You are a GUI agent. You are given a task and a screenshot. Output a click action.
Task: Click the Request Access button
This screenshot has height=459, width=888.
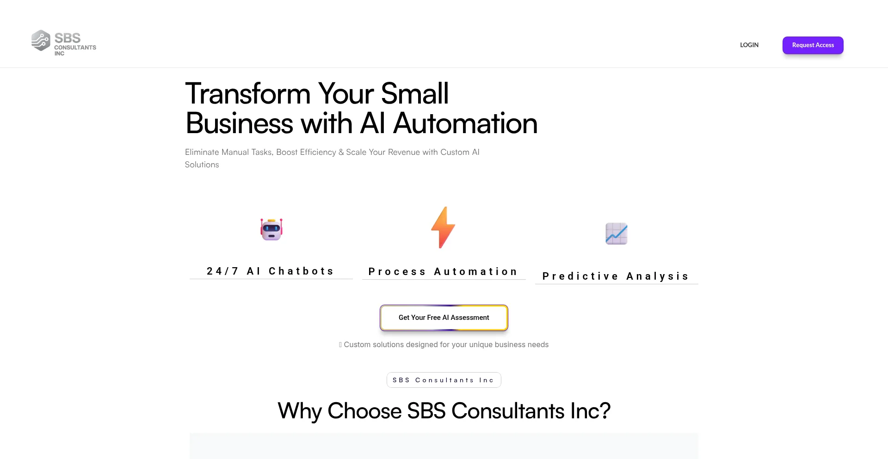click(813, 45)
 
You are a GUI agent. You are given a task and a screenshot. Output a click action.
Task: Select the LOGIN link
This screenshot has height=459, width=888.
click(749, 45)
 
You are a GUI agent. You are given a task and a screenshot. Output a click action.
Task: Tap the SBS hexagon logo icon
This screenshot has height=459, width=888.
click(41, 40)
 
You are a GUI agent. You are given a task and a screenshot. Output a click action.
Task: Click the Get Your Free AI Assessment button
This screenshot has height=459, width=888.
click(444, 318)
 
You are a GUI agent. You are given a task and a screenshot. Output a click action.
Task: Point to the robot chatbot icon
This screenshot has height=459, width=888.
click(271, 229)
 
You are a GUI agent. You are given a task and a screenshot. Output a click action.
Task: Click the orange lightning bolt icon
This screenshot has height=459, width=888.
click(443, 227)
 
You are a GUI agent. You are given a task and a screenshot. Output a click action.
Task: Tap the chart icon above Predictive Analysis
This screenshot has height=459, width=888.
click(616, 233)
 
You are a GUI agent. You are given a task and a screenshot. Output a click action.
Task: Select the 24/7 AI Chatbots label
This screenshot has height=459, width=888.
click(271, 271)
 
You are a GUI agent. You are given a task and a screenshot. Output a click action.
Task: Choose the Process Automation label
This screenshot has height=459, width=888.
click(443, 272)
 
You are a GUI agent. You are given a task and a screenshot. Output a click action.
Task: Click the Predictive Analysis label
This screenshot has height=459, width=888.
click(616, 276)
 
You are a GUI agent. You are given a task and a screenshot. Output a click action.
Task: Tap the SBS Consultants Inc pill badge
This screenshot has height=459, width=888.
click(444, 380)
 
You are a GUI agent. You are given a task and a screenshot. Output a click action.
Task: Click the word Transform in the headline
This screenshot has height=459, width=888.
click(247, 94)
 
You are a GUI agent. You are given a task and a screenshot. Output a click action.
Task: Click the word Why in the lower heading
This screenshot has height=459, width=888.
click(299, 411)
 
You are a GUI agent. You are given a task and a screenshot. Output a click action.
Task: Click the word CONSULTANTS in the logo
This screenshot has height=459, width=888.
click(75, 48)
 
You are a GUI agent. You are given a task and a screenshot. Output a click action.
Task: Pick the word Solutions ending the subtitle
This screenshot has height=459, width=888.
click(202, 165)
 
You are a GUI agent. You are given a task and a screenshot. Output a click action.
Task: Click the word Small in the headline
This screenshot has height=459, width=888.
click(415, 94)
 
